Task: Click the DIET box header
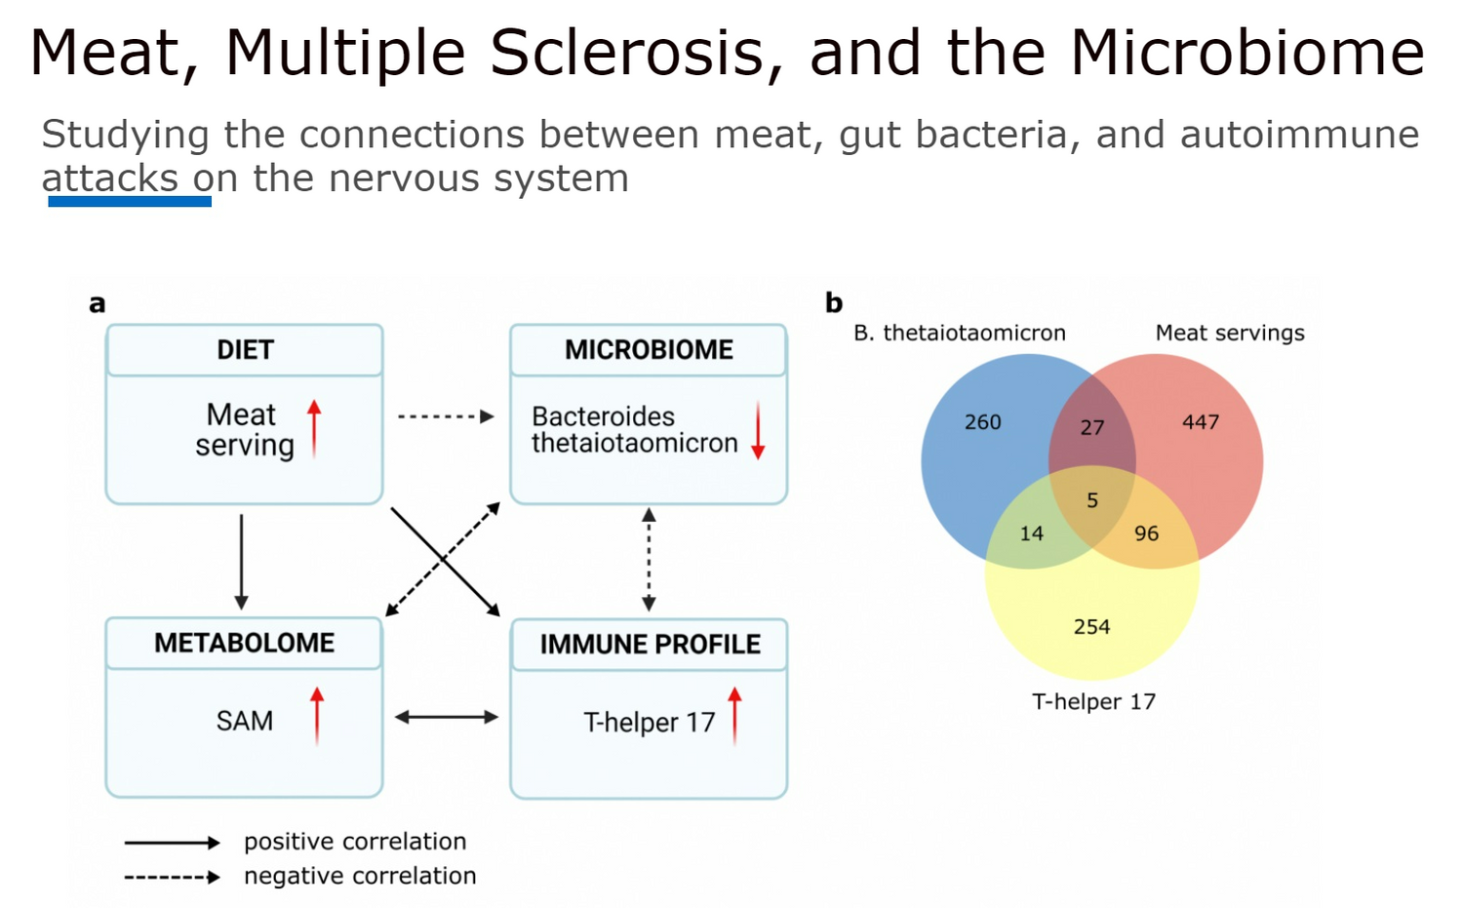pyautogui.click(x=245, y=350)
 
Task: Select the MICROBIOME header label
pyautogui.click(x=649, y=350)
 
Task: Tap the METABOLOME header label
pyautogui.click(x=244, y=643)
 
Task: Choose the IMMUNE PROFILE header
pyautogui.click(x=650, y=644)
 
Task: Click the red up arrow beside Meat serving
pyautogui.click(x=314, y=428)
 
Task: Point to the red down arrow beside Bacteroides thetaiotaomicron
pyautogui.click(x=758, y=430)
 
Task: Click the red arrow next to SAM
pyautogui.click(x=317, y=716)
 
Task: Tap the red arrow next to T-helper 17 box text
pyautogui.click(x=734, y=716)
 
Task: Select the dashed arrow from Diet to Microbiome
pyautogui.click(x=446, y=416)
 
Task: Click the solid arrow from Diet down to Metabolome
pyautogui.click(x=241, y=563)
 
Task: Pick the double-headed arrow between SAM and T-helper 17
pyautogui.click(x=447, y=717)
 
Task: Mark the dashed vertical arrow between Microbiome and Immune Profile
pyautogui.click(x=649, y=560)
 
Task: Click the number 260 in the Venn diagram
pyautogui.click(x=982, y=422)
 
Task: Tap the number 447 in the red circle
pyautogui.click(x=1201, y=422)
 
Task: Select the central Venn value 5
pyautogui.click(x=1092, y=500)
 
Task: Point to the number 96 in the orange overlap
pyautogui.click(x=1146, y=533)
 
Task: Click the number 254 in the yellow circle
pyautogui.click(x=1091, y=627)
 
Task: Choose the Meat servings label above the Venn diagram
pyautogui.click(x=1230, y=334)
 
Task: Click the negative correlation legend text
pyautogui.click(x=360, y=876)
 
